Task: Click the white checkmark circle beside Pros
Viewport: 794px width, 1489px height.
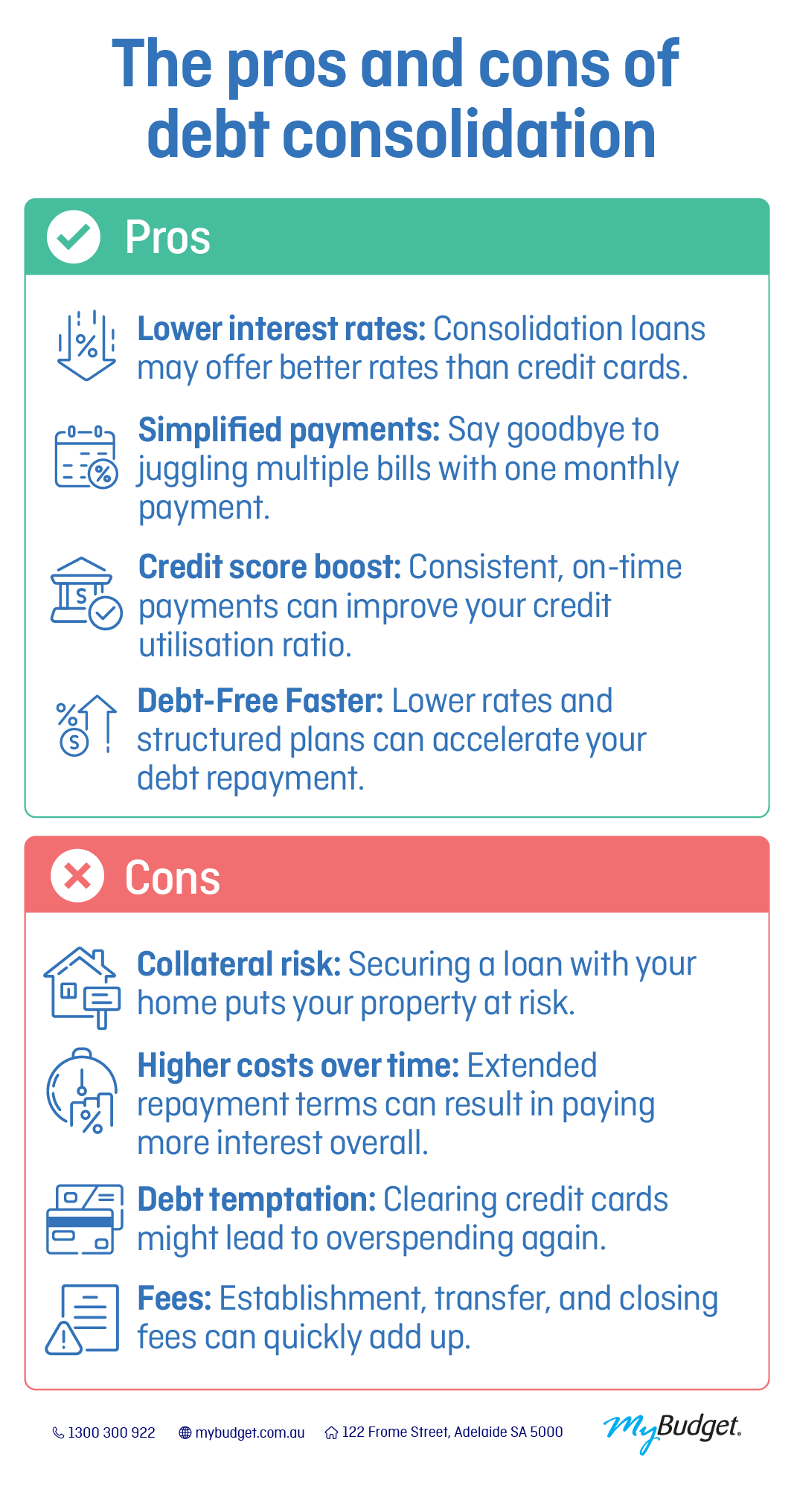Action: [74, 237]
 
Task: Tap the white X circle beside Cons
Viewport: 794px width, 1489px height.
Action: [77, 876]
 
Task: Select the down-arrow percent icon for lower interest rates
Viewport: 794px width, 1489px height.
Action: [86, 347]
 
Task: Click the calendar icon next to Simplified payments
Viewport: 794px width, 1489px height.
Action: [86, 458]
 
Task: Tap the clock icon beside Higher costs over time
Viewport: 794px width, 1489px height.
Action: [82, 1091]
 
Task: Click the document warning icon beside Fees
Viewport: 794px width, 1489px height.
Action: [83, 1319]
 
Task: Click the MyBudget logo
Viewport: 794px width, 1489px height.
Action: [672, 1430]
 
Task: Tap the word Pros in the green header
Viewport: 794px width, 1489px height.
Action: [167, 237]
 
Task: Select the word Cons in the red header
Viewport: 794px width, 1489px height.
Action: [172, 877]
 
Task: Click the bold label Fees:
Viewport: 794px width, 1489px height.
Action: [174, 1299]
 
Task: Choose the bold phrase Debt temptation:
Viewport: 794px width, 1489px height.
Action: [257, 1200]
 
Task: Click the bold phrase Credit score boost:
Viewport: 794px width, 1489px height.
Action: [269, 567]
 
